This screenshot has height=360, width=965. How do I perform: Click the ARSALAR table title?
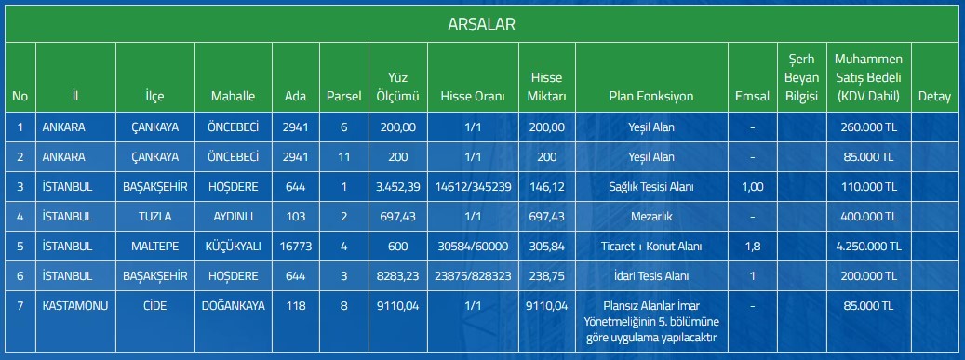(x=481, y=24)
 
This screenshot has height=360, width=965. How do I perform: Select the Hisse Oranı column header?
(x=473, y=97)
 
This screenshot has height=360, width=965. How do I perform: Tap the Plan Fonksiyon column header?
(x=651, y=97)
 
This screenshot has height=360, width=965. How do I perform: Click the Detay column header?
(x=934, y=97)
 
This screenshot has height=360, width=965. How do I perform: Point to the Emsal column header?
(x=752, y=97)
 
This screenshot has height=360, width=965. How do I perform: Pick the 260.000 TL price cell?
(x=868, y=127)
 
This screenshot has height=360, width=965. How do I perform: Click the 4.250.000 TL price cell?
(x=868, y=247)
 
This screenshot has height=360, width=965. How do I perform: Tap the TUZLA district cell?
(x=155, y=217)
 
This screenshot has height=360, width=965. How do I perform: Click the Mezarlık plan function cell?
(x=651, y=217)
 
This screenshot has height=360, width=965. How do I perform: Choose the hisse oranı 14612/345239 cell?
(x=473, y=186)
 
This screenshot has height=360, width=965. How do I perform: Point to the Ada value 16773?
(x=296, y=247)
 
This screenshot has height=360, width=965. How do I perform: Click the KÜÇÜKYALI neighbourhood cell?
(x=234, y=247)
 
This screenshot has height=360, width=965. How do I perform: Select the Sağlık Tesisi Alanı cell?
(x=651, y=186)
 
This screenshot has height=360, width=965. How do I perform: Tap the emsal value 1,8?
(x=752, y=247)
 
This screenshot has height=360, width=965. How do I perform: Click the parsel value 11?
(x=344, y=157)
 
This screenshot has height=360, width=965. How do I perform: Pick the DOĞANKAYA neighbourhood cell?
(x=234, y=305)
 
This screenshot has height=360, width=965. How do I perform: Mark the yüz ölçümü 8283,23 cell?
(x=398, y=276)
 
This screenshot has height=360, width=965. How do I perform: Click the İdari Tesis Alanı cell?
(x=651, y=276)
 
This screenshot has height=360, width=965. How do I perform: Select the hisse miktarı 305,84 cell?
(x=546, y=247)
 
